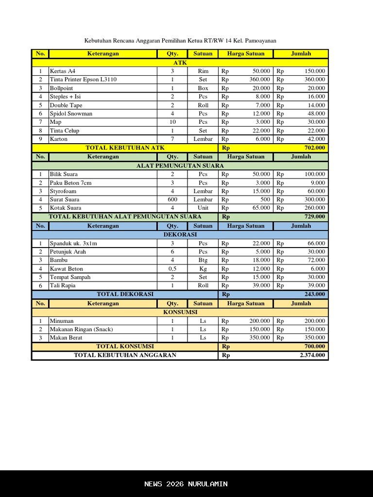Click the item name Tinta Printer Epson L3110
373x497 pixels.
(x=83, y=80)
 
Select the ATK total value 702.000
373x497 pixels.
(x=314, y=148)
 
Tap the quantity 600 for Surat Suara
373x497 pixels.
(x=172, y=199)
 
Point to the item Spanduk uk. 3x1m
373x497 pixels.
(x=73, y=243)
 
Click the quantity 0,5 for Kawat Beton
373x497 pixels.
(x=172, y=269)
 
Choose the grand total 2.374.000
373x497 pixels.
(x=312, y=355)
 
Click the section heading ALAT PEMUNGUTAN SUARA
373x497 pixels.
(x=180, y=166)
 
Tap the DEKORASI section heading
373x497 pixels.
(x=180, y=234)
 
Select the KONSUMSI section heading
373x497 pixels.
(x=180, y=312)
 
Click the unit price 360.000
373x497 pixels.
(x=260, y=80)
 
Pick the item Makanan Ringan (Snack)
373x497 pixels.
(x=81, y=330)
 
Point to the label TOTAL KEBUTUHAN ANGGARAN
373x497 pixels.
(x=125, y=355)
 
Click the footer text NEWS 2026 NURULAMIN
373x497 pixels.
(x=186, y=484)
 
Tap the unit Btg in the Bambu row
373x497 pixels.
(x=203, y=260)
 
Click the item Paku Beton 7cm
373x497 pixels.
(x=70, y=183)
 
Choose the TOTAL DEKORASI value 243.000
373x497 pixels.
(x=314, y=295)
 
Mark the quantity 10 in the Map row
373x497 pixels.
(x=172, y=122)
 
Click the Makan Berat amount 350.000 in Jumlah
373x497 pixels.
(x=314, y=338)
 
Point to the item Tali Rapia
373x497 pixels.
(x=63, y=286)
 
